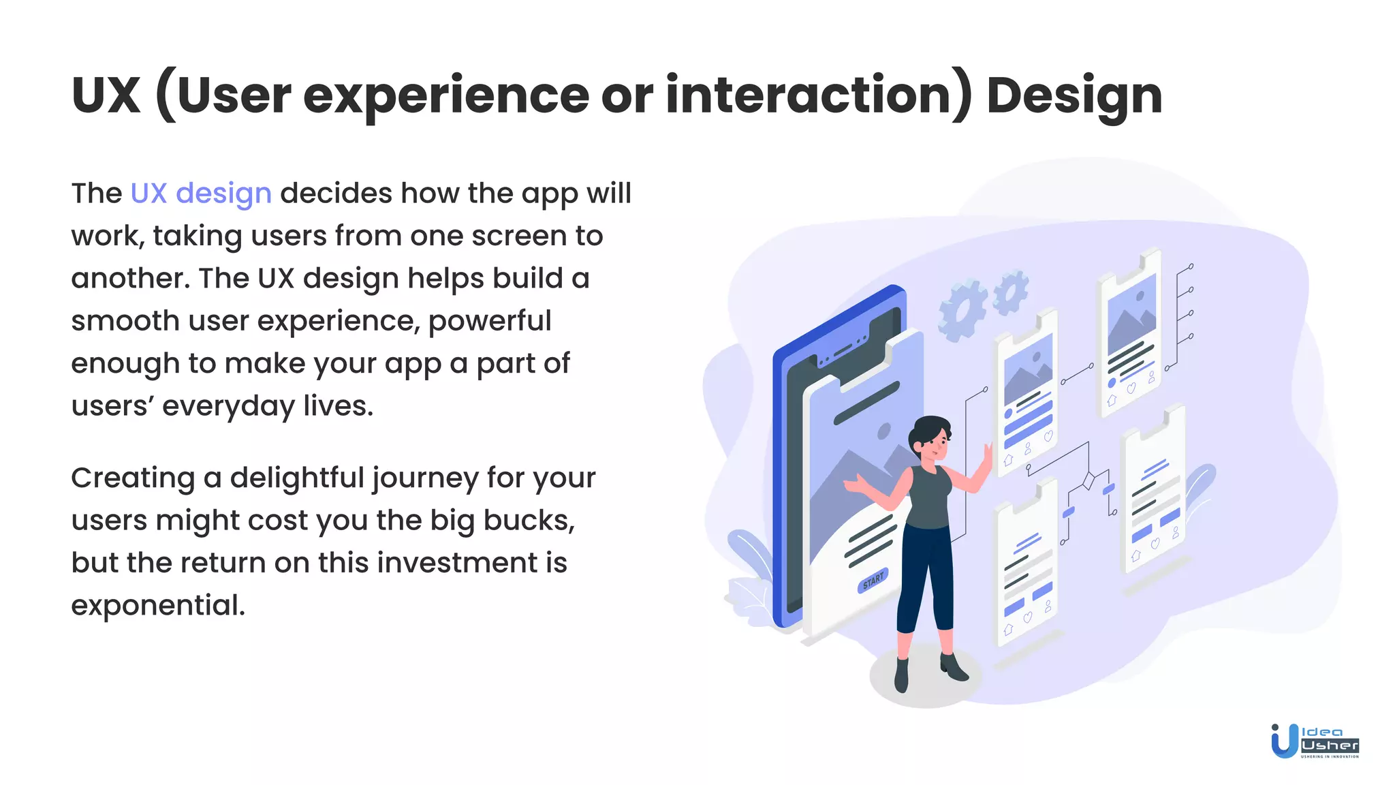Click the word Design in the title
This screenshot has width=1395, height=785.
tap(1073, 95)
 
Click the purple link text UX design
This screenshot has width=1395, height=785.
tap(201, 194)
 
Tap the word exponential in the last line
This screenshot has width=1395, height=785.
tap(157, 605)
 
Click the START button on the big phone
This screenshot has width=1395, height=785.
tap(873, 580)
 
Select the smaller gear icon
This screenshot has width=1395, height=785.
tap(1011, 292)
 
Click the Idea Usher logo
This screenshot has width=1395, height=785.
tap(1315, 741)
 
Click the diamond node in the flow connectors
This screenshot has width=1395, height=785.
tap(1088, 481)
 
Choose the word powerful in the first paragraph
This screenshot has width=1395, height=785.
tap(489, 321)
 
